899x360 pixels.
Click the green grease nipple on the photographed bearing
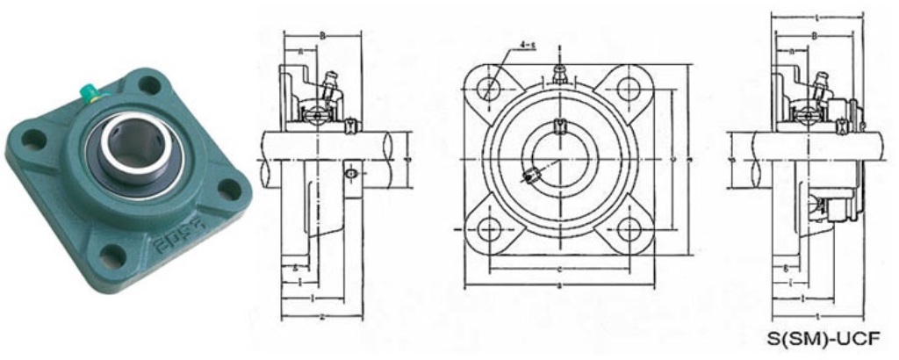point(90,90)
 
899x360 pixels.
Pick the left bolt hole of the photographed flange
point(33,139)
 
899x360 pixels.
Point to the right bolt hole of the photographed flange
point(230,187)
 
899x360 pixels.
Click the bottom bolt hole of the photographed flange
point(111,256)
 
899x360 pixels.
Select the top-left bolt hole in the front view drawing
point(492,89)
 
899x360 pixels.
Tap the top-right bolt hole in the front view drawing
point(628,89)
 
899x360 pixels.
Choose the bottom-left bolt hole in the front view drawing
point(492,229)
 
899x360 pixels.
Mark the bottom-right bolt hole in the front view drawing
point(628,229)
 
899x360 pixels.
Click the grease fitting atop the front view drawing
point(559,70)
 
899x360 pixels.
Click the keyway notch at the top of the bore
point(559,128)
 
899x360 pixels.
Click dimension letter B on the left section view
point(323,36)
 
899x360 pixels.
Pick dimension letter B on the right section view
point(815,36)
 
